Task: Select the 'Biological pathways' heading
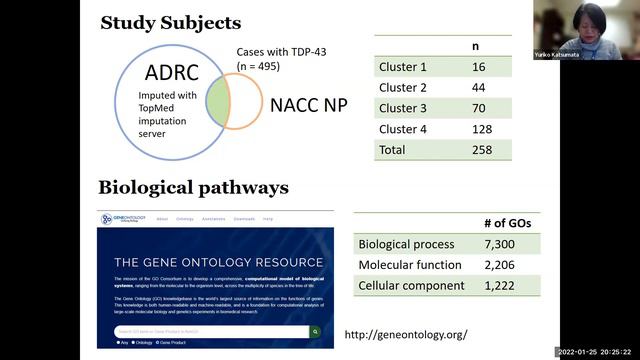pos(193,188)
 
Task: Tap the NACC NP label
pos(309,103)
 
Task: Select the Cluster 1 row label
pos(404,67)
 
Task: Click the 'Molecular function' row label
pos(409,264)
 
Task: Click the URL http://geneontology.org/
pos(405,333)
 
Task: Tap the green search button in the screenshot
pos(315,331)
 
